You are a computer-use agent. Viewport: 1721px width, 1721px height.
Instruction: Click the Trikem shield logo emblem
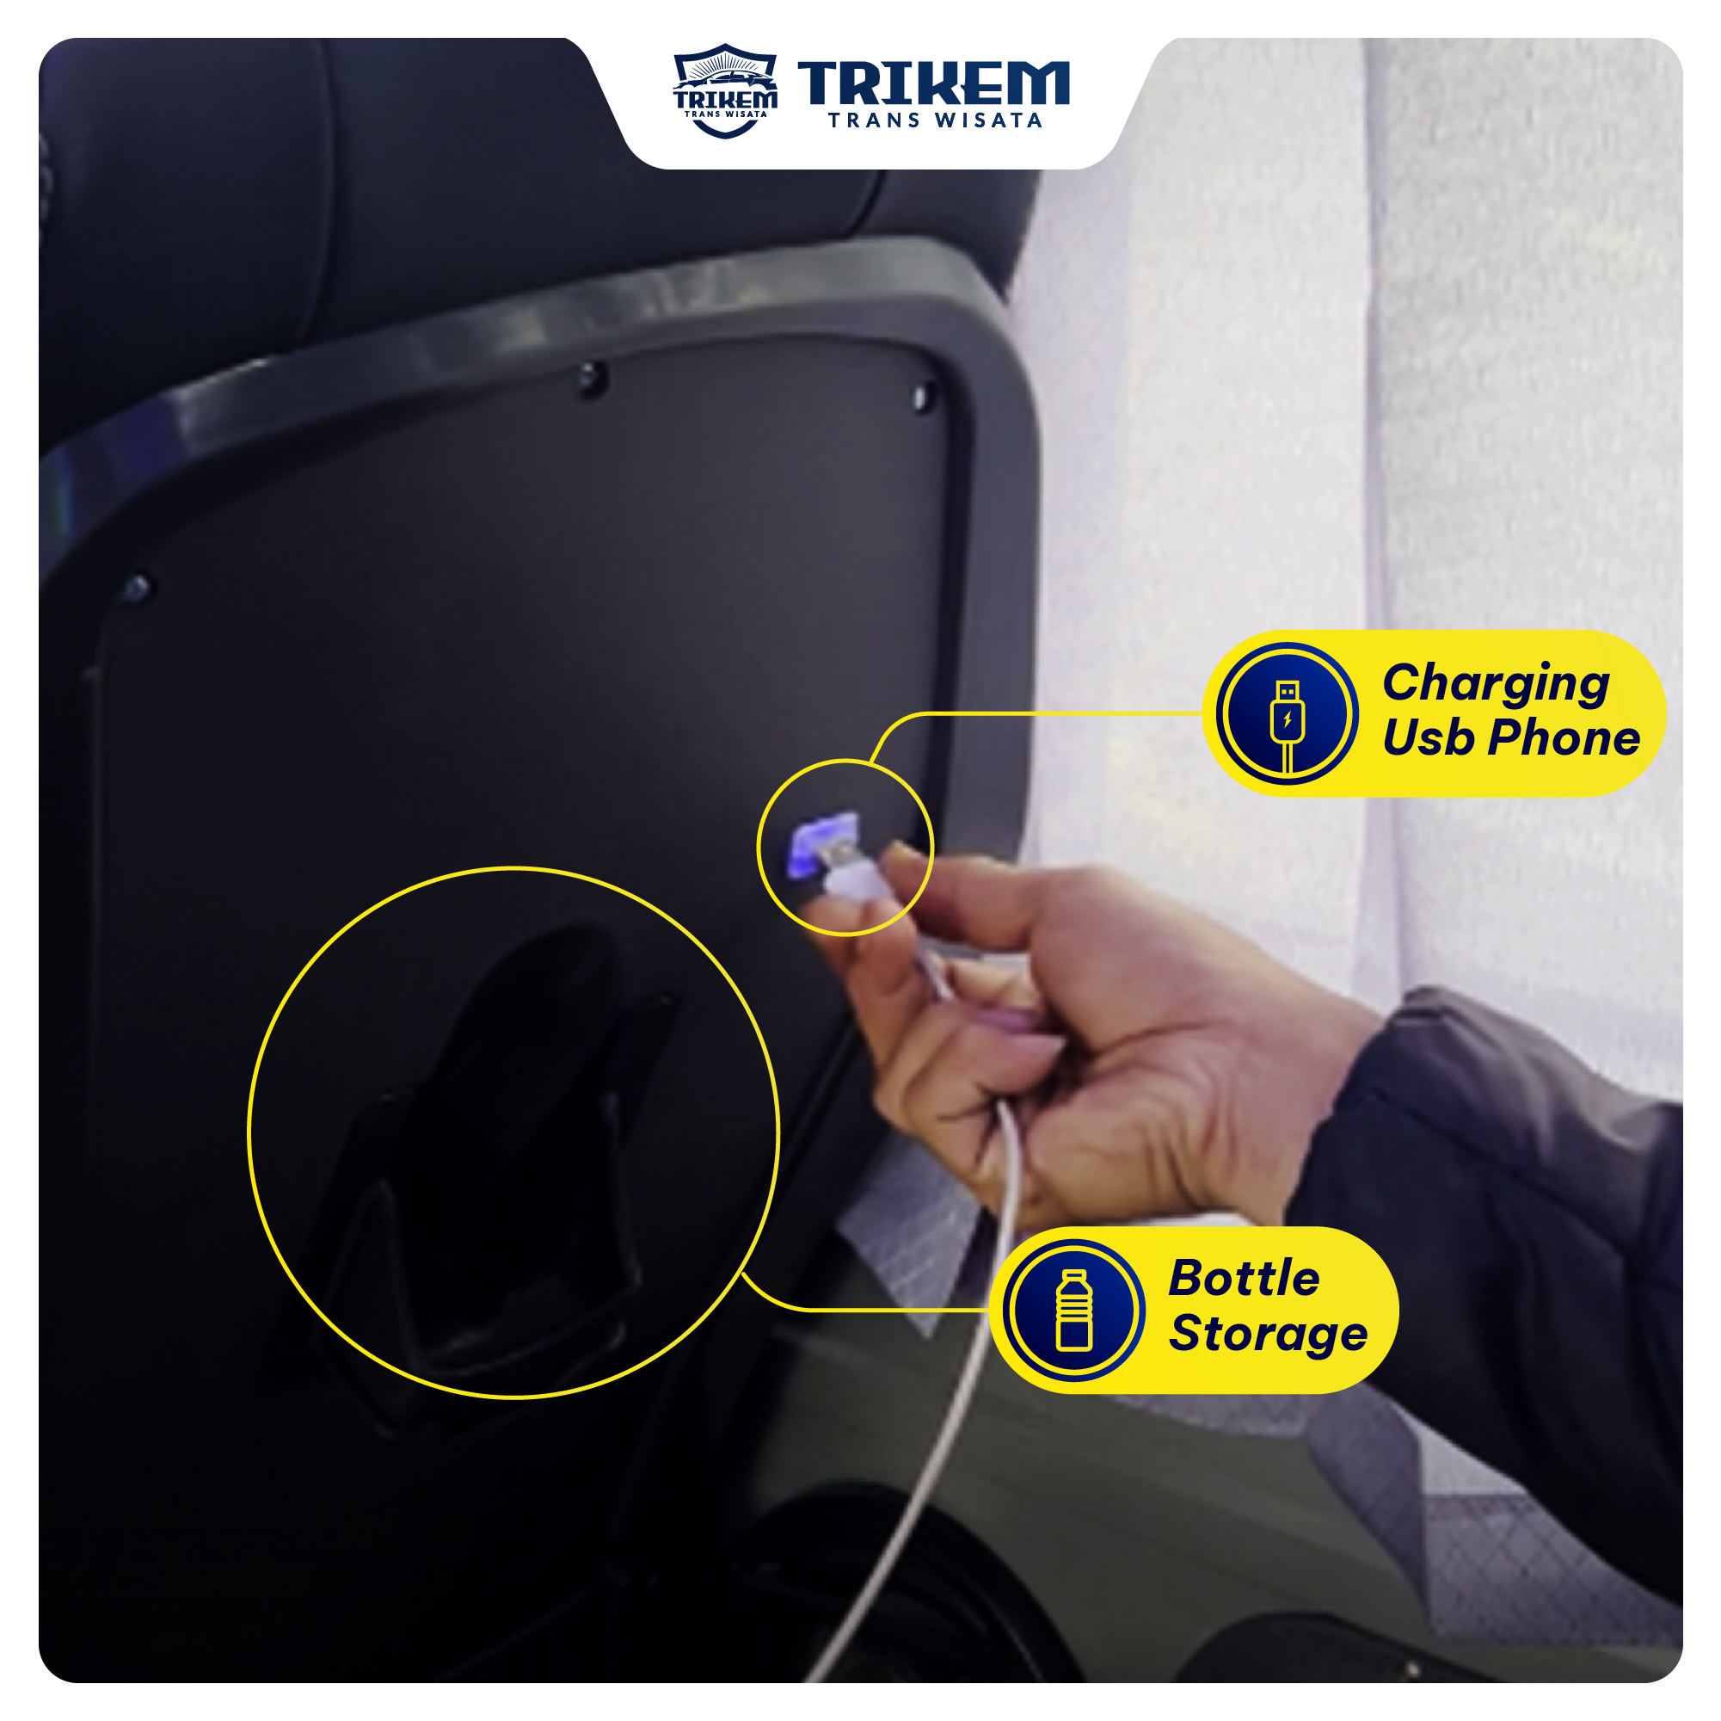[725, 91]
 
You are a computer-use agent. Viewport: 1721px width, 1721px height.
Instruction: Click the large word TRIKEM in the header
[933, 83]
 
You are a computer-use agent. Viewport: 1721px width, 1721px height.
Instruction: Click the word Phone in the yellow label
[1564, 737]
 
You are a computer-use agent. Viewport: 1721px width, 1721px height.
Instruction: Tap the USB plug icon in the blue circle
[1288, 724]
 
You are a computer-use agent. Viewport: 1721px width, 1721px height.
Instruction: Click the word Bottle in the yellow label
[1245, 1278]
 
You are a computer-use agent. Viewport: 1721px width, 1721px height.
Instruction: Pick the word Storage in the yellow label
[1269, 1333]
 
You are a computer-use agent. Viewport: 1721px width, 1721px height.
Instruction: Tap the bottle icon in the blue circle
[1074, 1311]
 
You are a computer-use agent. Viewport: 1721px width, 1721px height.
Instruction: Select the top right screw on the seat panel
[924, 394]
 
